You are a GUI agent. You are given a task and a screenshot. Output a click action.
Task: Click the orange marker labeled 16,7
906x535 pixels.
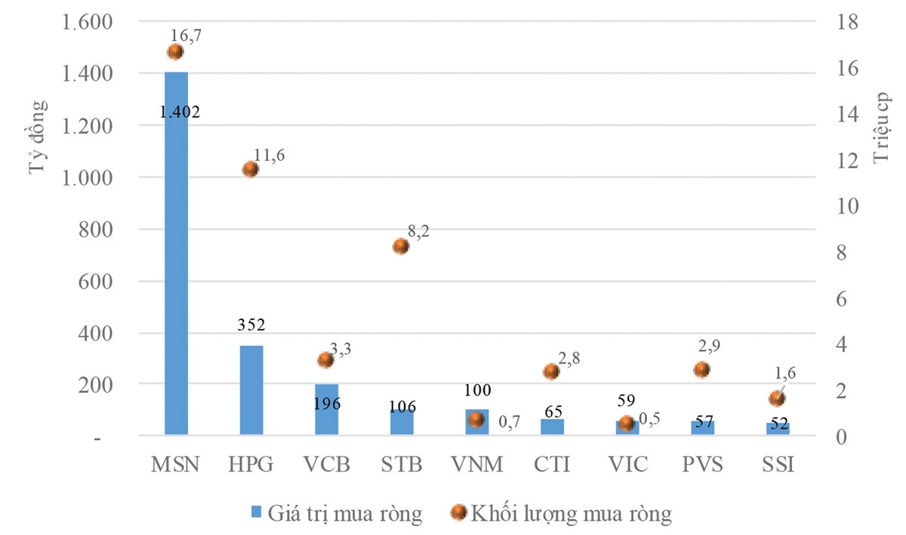(x=175, y=51)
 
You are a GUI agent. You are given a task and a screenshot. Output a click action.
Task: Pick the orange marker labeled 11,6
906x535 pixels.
(x=251, y=169)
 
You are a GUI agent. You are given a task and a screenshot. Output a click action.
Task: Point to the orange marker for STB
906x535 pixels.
(x=401, y=247)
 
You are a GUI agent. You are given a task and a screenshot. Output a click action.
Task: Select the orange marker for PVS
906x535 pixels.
(x=702, y=369)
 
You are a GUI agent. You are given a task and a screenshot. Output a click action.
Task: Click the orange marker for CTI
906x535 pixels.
(x=551, y=371)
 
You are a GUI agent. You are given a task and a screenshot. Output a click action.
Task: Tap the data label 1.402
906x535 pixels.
(x=180, y=112)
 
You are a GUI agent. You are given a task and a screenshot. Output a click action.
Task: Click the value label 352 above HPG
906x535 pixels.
(x=251, y=325)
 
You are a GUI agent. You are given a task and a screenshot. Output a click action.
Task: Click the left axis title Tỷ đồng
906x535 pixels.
(x=39, y=137)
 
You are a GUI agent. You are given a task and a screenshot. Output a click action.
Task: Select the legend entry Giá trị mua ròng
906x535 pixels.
(x=337, y=514)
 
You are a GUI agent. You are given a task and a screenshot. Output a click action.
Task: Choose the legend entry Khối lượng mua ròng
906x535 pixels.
(x=562, y=514)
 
